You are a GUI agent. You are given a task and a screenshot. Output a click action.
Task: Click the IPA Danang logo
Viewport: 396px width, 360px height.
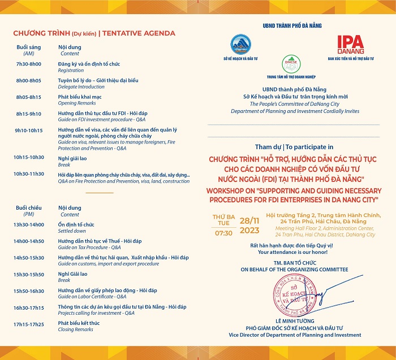pyautogui.click(x=350, y=45)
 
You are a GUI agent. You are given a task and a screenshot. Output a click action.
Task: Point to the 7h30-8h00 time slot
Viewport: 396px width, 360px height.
pyautogui.click(x=28, y=64)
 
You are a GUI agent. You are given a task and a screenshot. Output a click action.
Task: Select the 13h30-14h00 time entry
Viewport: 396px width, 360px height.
pyautogui.click(x=28, y=224)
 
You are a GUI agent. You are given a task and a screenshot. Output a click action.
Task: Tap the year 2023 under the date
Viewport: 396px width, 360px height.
pyautogui.click(x=249, y=230)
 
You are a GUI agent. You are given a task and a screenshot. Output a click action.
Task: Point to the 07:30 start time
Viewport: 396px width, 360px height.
pyautogui.click(x=223, y=232)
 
